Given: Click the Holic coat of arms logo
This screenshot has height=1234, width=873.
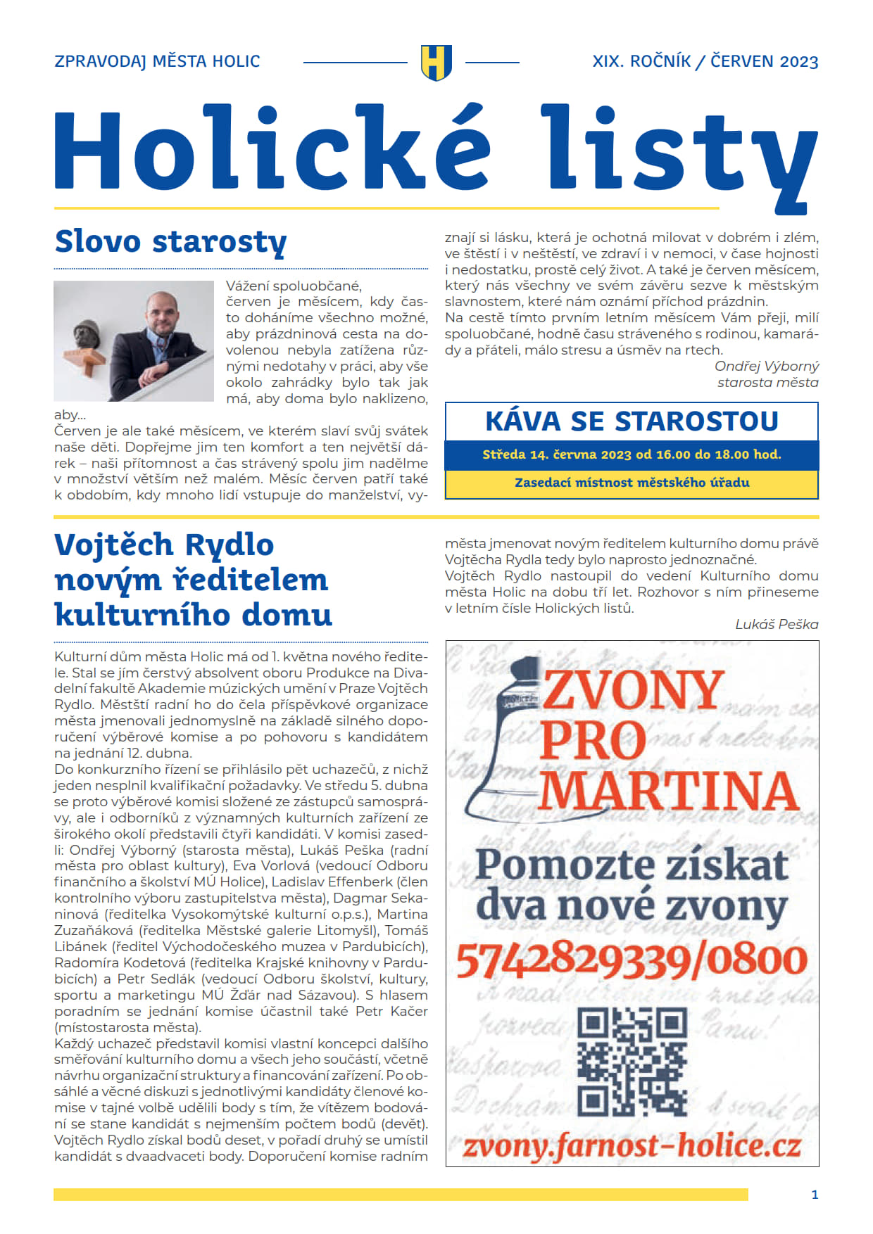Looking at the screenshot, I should (x=436, y=62).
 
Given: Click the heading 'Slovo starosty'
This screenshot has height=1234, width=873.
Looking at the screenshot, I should (x=170, y=241).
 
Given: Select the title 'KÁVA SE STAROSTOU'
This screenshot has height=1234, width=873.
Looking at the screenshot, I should (x=632, y=421).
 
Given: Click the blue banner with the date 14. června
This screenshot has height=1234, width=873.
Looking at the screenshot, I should (x=632, y=454).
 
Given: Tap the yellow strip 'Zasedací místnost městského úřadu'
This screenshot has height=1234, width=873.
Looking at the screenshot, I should (x=632, y=483).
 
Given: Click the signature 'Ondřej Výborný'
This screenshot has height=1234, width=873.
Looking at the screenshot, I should (x=767, y=366).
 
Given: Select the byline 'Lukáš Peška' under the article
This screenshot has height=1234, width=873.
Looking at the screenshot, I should (x=777, y=624).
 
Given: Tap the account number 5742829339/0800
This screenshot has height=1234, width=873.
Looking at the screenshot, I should (x=632, y=960).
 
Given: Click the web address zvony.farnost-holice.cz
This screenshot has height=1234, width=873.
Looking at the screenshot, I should (x=632, y=1146).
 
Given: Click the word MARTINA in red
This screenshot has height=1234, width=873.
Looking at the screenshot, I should (x=669, y=791).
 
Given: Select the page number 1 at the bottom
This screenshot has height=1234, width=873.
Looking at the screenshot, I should (x=815, y=1195).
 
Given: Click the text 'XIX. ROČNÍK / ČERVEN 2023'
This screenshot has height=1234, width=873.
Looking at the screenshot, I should (x=705, y=62).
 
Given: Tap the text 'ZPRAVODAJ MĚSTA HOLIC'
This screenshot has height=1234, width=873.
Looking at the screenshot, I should (x=157, y=62).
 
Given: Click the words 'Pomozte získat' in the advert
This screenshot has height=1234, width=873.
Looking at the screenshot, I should (x=632, y=865).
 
